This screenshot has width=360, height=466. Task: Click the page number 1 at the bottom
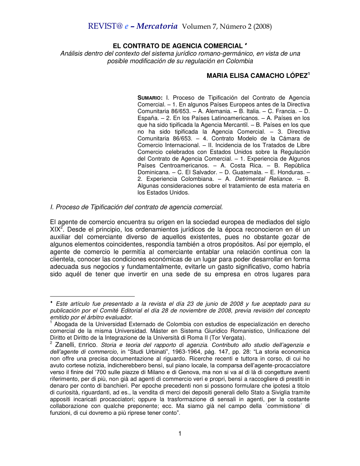pos(180,433)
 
